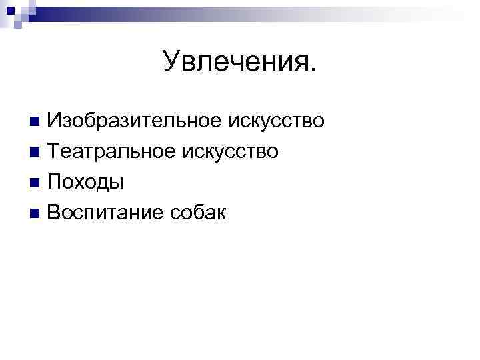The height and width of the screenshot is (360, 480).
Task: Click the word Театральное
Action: tap(109, 151)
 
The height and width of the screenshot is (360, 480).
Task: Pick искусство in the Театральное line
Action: tap(229, 151)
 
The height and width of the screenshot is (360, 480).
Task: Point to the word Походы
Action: tap(85, 182)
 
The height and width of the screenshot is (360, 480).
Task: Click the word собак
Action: tap(198, 213)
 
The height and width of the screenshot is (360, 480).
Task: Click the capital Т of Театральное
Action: tap(54, 151)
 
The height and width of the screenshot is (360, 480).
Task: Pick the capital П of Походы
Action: tap(55, 182)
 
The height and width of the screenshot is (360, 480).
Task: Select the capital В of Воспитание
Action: tap(54, 213)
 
